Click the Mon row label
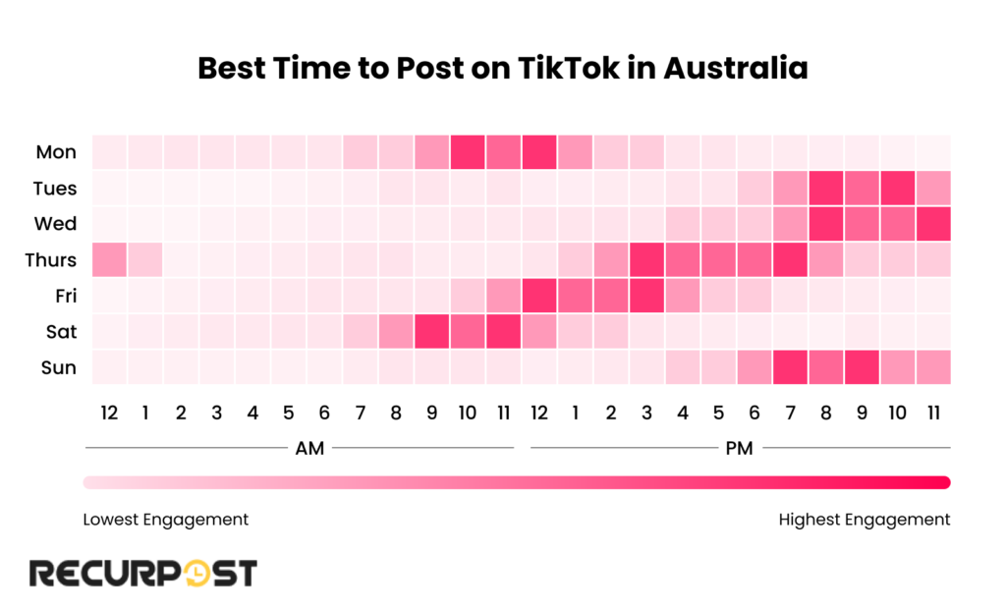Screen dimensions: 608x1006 [x=56, y=152]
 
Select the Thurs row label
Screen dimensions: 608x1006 [x=51, y=260]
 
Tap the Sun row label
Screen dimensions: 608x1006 [x=58, y=368]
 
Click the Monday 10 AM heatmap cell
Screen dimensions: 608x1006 [x=469, y=152]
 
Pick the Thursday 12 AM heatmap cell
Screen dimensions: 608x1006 [x=109, y=260]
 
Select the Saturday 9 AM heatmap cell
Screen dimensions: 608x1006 [x=432, y=332]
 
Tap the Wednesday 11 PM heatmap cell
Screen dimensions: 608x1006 [x=934, y=224]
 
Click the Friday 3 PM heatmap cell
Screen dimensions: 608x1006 [x=647, y=296]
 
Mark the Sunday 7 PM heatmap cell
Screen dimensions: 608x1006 [x=791, y=368]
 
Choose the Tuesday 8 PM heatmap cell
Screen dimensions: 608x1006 [x=827, y=188]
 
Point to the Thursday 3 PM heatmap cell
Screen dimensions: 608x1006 [x=647, y=260]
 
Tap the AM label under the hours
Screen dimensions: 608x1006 [x=310, y=449]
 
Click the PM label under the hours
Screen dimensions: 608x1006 [x=740, y=449]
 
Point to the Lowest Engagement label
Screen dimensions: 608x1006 [x=166, y=519]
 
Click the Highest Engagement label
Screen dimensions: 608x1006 [x=865, y=519]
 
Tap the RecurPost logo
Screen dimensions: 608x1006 [x=143, y=573]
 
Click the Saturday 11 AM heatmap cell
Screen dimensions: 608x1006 [x=504, y=332]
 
